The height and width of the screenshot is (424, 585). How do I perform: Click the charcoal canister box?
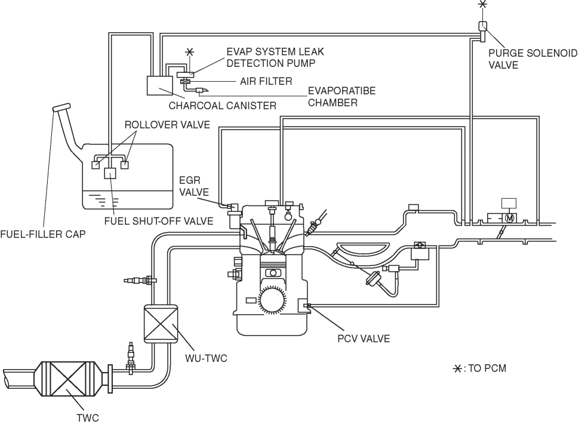point(160,85)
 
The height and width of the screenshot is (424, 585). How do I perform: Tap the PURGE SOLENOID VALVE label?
point(532,59)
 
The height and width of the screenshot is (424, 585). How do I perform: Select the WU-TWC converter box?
point(161,324)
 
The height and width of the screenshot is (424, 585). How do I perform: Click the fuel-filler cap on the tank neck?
point(61,107)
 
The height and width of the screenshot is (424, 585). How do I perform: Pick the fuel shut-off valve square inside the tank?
point(110,173)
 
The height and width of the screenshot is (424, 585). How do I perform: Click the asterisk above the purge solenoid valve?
point(483,4)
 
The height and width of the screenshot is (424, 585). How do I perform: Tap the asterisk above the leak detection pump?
point(190,51)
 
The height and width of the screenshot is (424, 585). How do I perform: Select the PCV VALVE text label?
point(364,339)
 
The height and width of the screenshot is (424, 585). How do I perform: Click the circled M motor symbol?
point(509,217)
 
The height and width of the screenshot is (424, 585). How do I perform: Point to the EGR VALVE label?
point(194,186)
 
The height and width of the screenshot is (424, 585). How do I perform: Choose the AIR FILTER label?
point(266,81)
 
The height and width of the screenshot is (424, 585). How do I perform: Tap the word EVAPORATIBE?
point(341,91)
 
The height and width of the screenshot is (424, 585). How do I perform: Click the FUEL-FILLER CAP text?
point(43,234)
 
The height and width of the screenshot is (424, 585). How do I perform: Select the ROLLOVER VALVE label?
point(167,125)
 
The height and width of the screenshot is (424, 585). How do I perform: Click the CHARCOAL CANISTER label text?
point(222,106)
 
